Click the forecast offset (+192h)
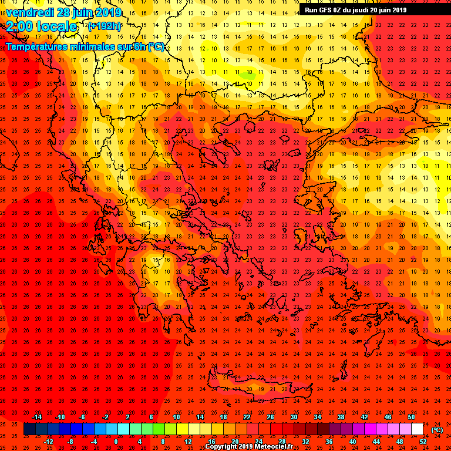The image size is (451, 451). [105, 26]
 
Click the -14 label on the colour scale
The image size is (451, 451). [36, 417]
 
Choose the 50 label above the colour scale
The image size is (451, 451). [411, 417]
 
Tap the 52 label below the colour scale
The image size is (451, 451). [423, 442]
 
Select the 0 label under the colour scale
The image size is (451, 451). [116, 442]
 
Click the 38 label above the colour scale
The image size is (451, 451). [341, 417]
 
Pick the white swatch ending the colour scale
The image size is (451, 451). [418, 429]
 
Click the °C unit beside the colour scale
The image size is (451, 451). [437, 430]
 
